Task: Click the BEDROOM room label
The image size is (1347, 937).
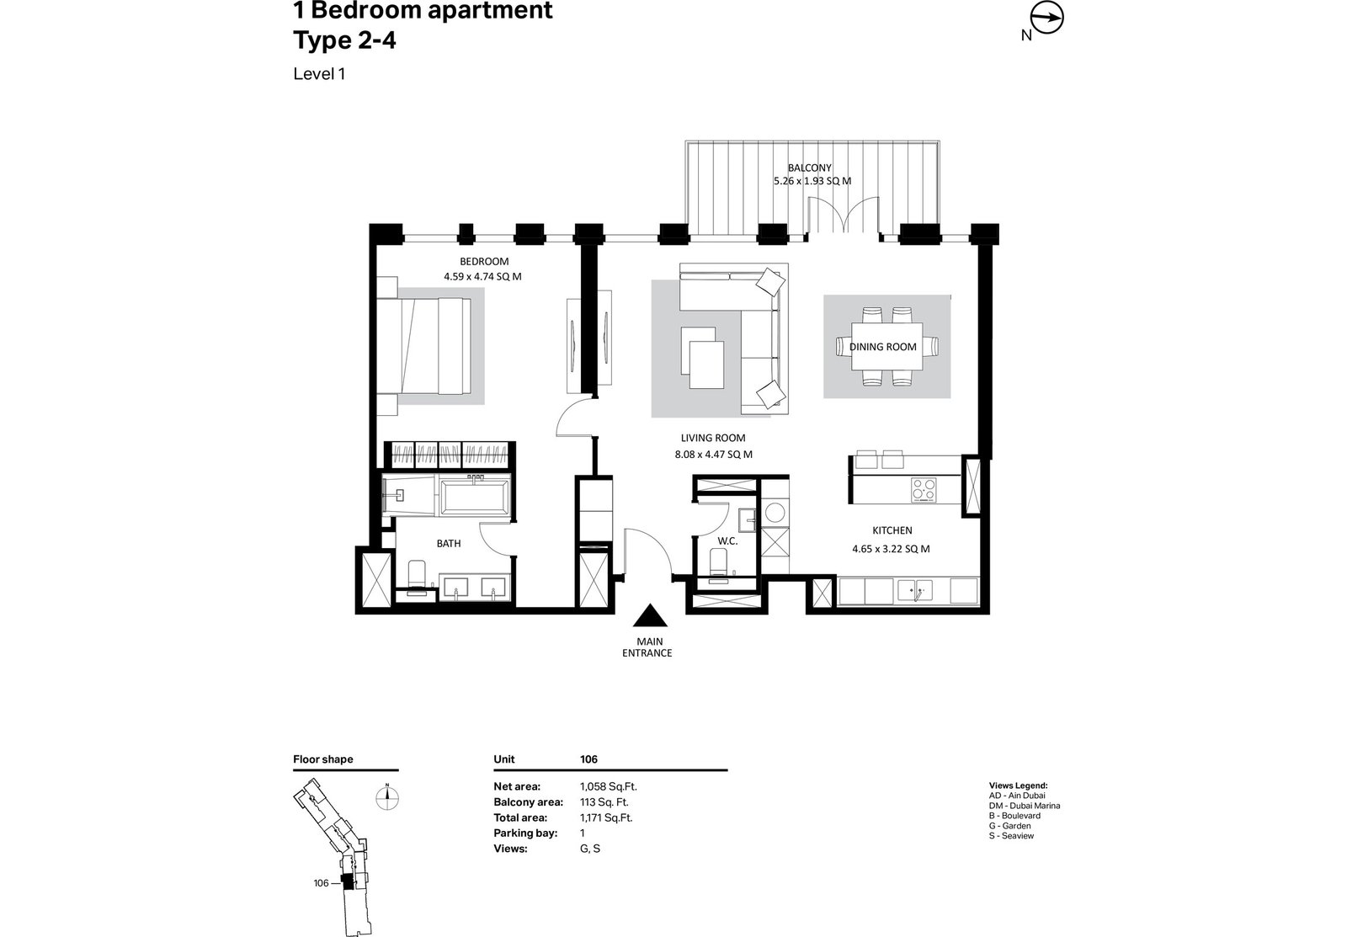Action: [484, 262]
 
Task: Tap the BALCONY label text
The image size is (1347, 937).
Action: [809, 168]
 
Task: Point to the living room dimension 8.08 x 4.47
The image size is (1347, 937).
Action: [713, 455]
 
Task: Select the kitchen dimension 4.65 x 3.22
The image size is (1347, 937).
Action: [891, 549]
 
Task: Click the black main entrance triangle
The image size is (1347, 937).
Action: [650, 616]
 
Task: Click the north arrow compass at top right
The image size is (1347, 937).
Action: [1047, 18]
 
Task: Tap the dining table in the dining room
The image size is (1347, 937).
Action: [887, 346]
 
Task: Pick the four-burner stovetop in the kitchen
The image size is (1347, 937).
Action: [923, 489]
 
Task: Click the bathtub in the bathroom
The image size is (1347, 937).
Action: [475, 496]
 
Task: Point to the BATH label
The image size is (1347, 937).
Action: [449, 544]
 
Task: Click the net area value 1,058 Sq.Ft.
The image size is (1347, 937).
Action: [608, 786]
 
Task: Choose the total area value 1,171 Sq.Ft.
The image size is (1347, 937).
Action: [606, 817]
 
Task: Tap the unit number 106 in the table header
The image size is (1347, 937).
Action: [588, 759]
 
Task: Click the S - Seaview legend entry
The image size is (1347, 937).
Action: [1011, 835]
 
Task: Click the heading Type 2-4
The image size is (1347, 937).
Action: [344, 41]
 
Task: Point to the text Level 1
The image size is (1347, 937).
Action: [319, 74]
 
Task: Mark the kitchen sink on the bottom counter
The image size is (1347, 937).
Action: [914, 591]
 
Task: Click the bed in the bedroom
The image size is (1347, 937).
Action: [424, 346]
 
